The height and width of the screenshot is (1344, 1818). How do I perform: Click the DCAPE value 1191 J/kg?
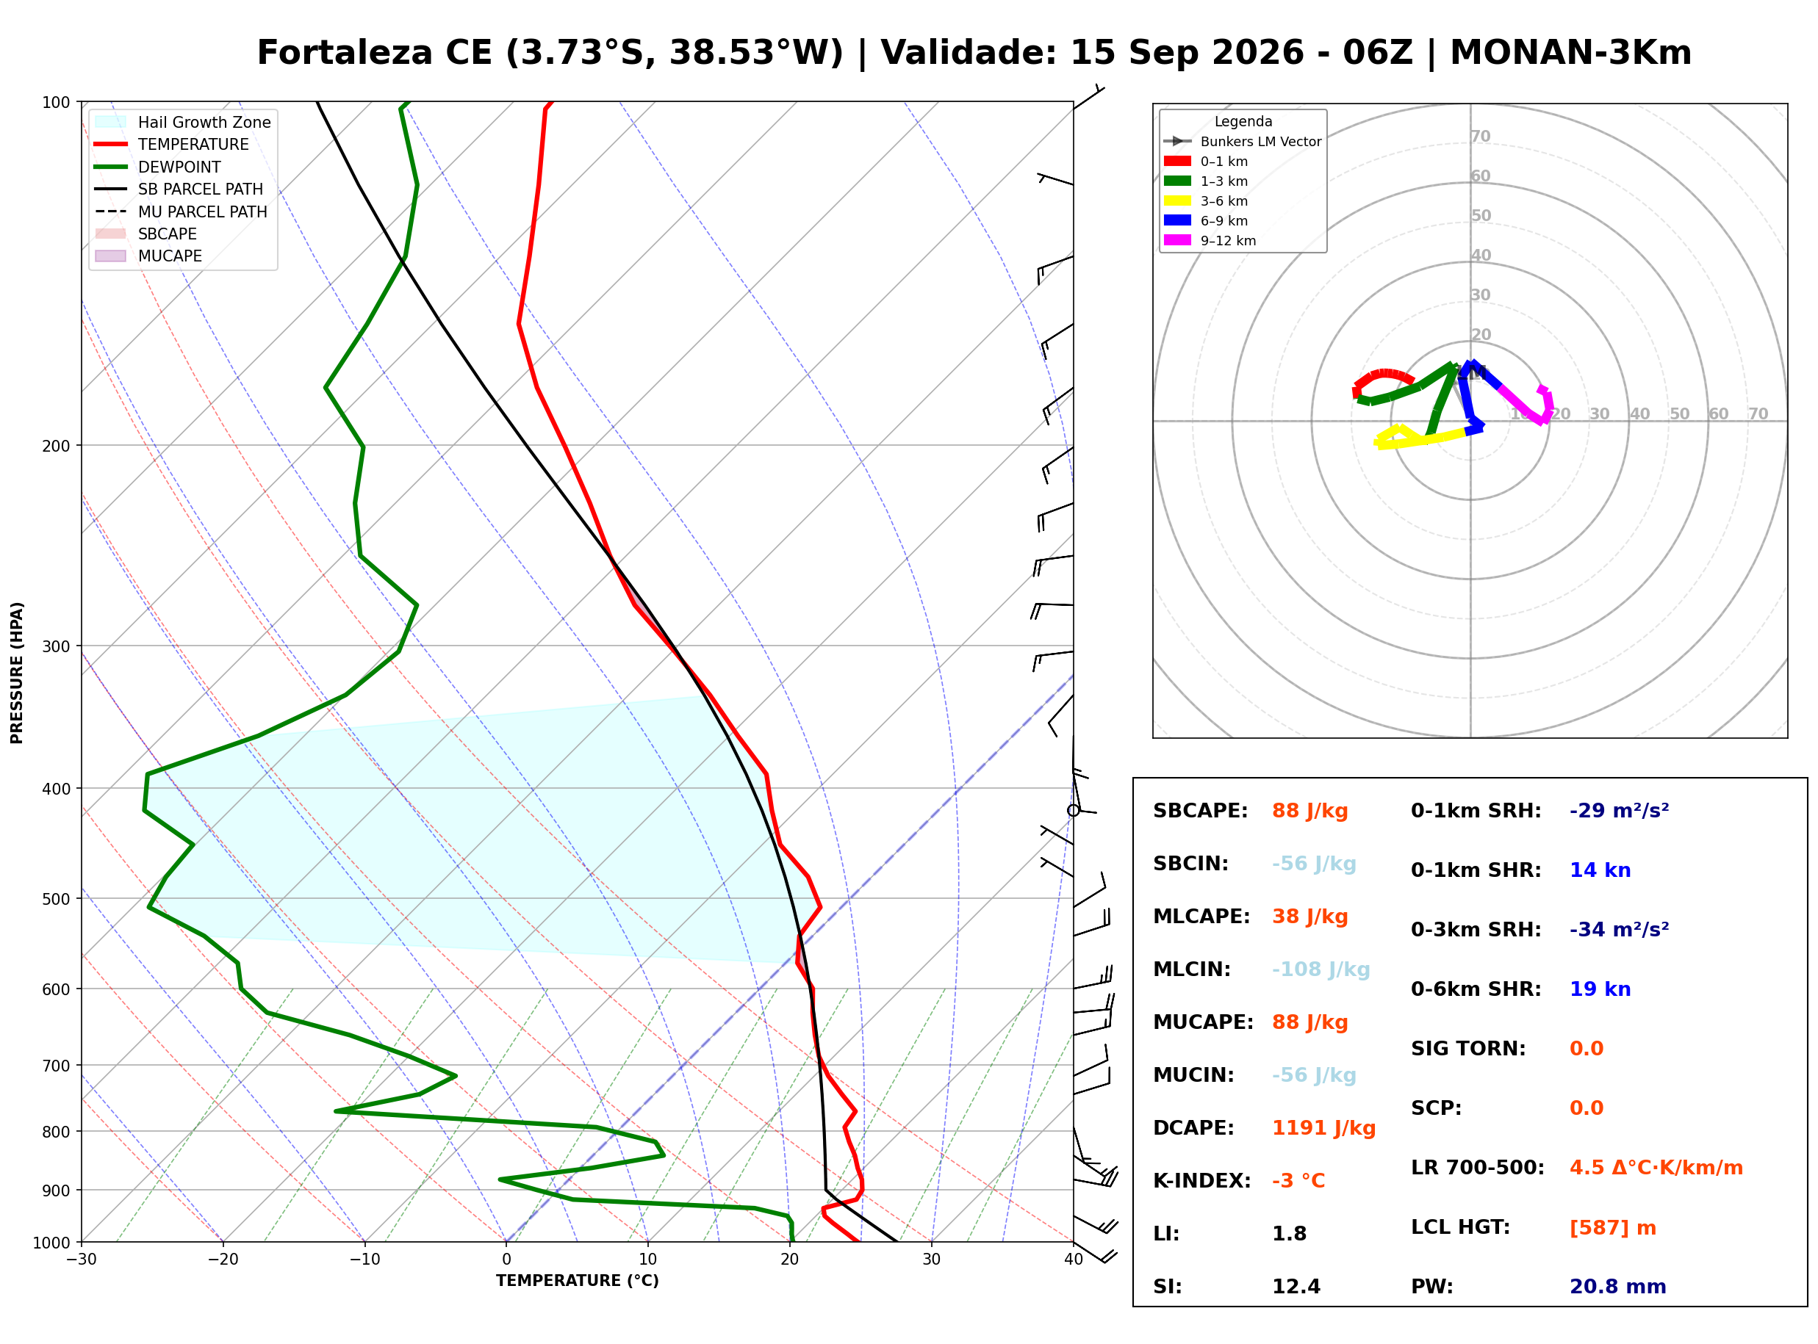tap(1323, 1128)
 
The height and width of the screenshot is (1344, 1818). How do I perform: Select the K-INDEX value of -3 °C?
tap(1298, 1181)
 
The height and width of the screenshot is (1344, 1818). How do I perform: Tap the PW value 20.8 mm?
tap(1618, 1287)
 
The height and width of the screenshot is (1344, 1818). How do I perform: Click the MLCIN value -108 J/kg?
tap(1321, 969)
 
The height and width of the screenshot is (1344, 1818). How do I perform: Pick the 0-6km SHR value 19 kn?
tap(1600, 989)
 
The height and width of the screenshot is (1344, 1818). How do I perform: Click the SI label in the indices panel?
tap(1167, 1287)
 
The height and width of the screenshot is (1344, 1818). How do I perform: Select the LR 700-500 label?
tap(1477, 1168)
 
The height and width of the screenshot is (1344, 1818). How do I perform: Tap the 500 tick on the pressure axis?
tap(55, 899)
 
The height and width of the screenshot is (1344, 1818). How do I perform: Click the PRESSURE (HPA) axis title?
tap(17, 673)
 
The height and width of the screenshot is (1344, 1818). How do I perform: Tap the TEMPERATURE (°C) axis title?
tap(578, 1282)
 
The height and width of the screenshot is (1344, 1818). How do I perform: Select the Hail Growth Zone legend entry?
tap(182, 122)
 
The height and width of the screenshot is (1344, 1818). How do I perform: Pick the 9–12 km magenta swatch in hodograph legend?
tap(1176, 240)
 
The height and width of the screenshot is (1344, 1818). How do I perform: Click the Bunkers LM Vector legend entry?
tap(1242, 142)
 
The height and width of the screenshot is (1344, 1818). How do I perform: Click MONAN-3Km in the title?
tap(1570, 53)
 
